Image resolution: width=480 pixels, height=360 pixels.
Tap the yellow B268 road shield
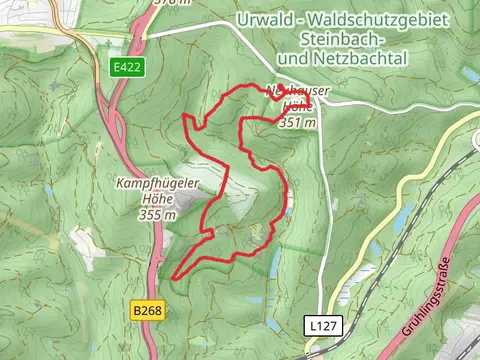click(145, 312)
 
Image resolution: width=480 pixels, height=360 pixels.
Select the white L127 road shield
click(318, 325)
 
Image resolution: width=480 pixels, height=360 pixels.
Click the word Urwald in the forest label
click(263, 20)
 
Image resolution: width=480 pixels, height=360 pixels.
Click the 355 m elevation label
click(157, 214)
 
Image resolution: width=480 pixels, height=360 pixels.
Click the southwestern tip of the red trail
click(175, 277)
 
